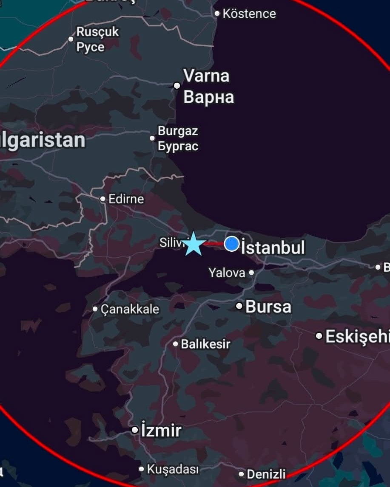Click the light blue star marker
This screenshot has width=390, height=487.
[194, 244]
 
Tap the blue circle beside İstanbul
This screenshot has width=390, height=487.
[232, 244]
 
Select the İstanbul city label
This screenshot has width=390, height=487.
[273, 248]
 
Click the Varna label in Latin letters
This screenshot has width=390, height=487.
[206, 76]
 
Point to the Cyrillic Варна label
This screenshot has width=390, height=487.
[208, 97]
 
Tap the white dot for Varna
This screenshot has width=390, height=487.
[177, 86]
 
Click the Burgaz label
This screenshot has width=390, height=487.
[178, 131]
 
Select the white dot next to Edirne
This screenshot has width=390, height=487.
[102, 199]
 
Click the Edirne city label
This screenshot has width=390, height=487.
[126, 199]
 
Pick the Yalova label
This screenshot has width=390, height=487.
[227, 273]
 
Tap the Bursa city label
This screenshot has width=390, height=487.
[268, 307]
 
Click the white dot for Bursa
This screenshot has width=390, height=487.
[239, 306]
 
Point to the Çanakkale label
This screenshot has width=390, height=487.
[130, 309]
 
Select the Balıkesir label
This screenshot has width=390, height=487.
[206, 344]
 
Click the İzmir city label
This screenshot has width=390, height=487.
[161, 431]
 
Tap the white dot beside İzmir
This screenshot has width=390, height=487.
[135, 431]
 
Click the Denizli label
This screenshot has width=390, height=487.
[266, 474]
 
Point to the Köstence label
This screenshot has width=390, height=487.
[249, 14]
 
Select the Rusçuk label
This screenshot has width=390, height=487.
[98, 32]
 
